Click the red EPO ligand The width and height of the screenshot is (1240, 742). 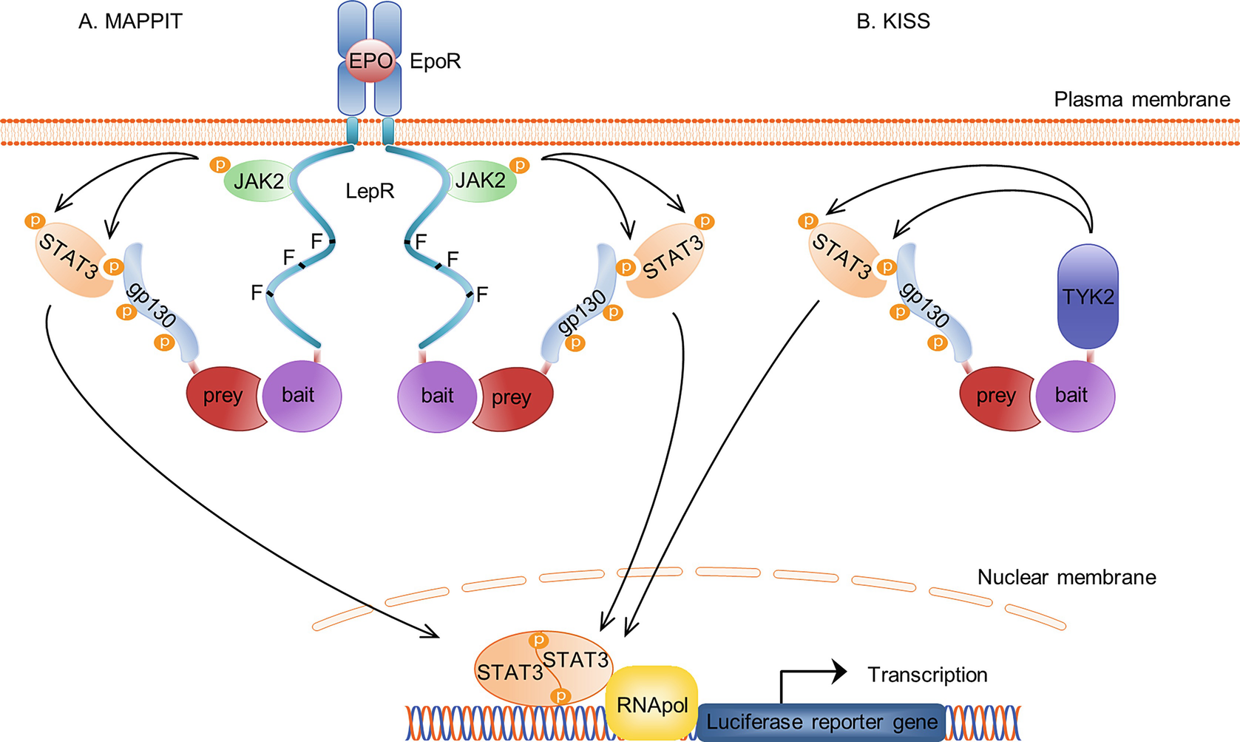coord(370,61)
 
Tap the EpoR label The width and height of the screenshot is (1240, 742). coord(435,61)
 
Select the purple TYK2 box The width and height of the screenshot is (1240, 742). coord(1088,297)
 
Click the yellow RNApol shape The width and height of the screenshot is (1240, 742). coord(651,704)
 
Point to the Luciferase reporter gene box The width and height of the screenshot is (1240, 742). coord(821,722)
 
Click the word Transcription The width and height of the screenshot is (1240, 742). coord(927,675)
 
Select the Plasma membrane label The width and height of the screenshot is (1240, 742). coord(1142,99)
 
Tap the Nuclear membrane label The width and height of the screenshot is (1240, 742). coord(1066,577)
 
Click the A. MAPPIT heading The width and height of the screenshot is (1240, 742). coord(130,21)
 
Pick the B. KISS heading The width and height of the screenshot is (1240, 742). coord(892,21)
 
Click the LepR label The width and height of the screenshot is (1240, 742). coord(370,192)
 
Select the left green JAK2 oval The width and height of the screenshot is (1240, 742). coord(258,181)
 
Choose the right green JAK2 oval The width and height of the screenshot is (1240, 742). coord(481,181)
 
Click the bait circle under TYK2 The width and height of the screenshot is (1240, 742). coord(1074,395)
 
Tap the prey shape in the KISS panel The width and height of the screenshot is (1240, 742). coord(995,397)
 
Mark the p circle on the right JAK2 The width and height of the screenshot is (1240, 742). coord(520,165)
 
